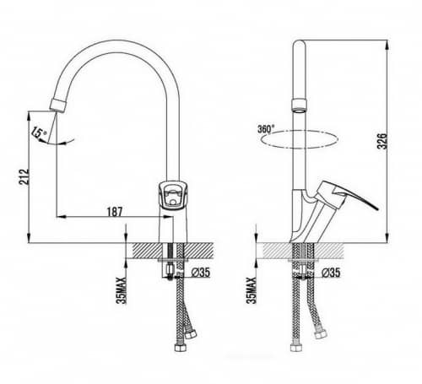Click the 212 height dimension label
24,176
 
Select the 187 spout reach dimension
115,212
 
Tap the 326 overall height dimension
382,141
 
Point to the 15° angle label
39,132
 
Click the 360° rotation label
266,129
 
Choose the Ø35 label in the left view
201,272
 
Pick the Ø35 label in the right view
331,272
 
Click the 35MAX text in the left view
122,290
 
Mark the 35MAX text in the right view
252,290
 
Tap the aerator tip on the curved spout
58,105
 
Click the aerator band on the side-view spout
299,105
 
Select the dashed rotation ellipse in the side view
300,139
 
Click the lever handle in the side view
348,196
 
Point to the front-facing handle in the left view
171,195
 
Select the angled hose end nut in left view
192,335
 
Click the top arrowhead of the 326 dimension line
387,45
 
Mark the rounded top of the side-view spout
299,44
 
